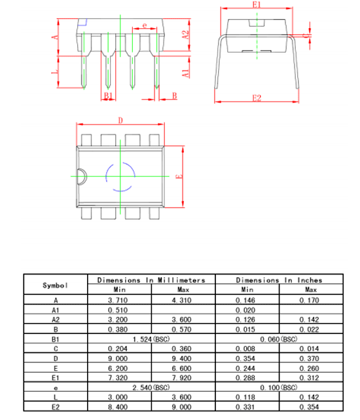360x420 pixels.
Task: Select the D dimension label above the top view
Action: [120, 120]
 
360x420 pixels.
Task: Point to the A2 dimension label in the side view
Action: [185, 35]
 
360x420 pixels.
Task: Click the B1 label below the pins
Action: [109, 96]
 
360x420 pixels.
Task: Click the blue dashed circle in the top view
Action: [120, 176]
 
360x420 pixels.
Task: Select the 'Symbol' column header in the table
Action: [55, 285]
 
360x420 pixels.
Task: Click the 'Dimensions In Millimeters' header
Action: [151, 280]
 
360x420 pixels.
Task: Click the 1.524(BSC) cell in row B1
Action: [151, 339]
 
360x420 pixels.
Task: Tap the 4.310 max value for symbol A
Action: [183, 299]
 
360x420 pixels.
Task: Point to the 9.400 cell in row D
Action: [183, 359]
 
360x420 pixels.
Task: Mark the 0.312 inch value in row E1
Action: [312, 379]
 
